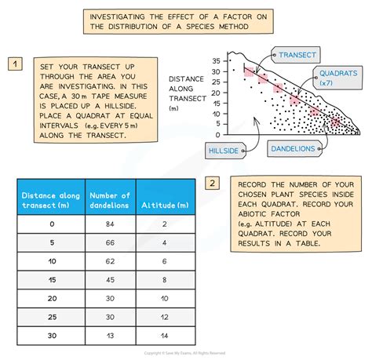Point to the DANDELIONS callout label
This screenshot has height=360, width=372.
click(295, 147)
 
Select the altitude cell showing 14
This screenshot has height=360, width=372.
click(166, 335)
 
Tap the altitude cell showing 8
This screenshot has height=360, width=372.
click(166, 279)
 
